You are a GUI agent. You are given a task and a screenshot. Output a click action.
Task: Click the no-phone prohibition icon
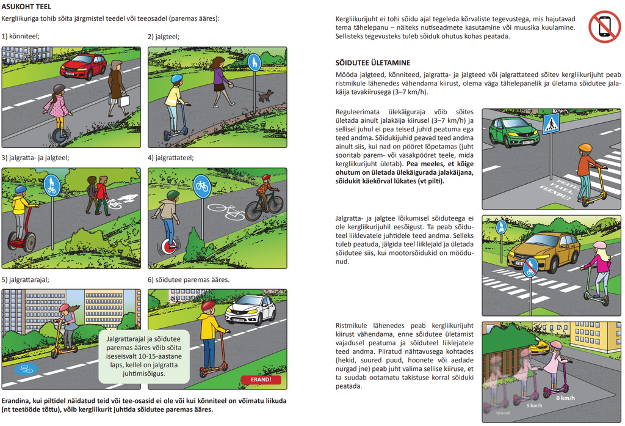(604, 27)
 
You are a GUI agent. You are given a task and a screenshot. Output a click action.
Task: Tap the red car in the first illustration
(83, 66)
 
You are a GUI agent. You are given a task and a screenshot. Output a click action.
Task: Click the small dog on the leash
(266, 96)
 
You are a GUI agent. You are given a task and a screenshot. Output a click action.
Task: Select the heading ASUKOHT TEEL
(26, 7)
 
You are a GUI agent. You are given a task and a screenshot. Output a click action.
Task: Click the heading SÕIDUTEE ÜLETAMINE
(373, 63)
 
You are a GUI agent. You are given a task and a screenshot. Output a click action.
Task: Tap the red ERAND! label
(261, 380)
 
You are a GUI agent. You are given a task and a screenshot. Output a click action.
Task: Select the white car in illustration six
(250, 309)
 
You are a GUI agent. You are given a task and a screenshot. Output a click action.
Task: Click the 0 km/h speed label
(566, 398)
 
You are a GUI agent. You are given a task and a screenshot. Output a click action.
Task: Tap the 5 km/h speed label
(534, 406)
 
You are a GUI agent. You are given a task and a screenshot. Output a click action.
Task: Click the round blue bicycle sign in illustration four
(202, 186)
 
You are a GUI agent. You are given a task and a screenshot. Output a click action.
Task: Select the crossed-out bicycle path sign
(530, 268)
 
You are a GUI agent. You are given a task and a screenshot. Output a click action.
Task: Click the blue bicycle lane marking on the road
(26, 369)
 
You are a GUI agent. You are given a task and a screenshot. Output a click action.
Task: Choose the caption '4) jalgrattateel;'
(171, 158)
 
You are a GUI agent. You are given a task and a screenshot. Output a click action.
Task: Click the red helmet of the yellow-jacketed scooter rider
(208, 306)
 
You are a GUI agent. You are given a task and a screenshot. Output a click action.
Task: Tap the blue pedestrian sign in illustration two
(255, 63)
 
